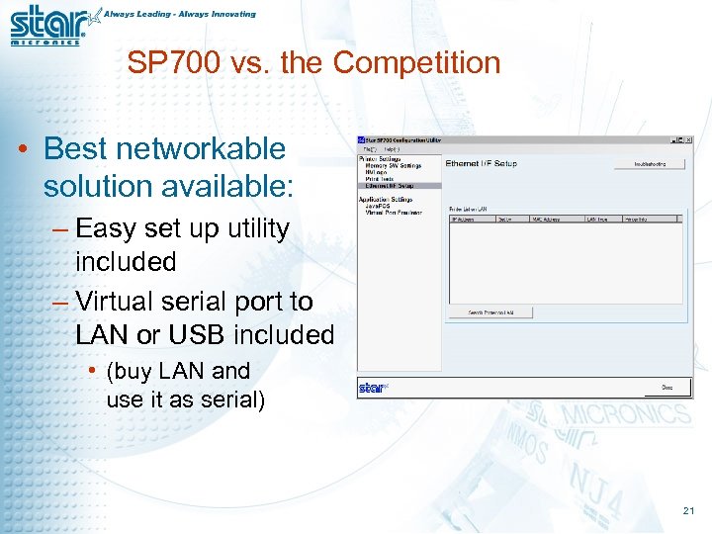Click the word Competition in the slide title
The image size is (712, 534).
click(416, 63)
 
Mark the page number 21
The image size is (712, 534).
click(688, 510)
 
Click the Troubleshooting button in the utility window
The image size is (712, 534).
click(649, 163)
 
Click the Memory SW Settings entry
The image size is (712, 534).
click(394, 166)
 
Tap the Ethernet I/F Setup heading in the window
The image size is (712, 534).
click(481, 163)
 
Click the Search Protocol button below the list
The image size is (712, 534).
click(491, 312)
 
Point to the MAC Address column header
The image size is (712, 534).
click(545, 219)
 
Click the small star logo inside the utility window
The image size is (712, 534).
click(372, 388)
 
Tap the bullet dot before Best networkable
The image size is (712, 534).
click(22, 150)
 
